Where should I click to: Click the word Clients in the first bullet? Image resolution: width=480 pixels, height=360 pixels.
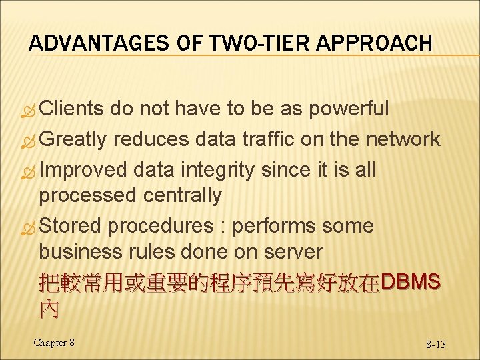pos(71,109)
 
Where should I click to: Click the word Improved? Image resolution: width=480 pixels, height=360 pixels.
pos(83,169)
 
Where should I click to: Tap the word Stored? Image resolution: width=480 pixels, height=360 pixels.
pos(70,225)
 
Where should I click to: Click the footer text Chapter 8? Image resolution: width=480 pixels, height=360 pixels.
pos(54,342)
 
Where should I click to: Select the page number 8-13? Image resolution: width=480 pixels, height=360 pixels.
pos(436,344)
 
